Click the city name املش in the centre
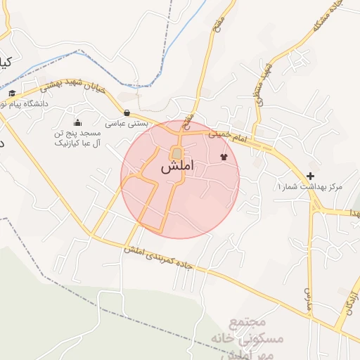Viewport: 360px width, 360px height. [x=176, y=168]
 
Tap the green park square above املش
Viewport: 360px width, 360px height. [x=176, y=153]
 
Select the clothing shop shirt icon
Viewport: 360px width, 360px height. [x=224, y=157]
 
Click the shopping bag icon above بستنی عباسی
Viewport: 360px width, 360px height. [x=127, y=112]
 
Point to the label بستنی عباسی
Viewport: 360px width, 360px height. [x=127, y=124]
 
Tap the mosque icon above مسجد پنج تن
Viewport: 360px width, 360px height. [x=77, y=122]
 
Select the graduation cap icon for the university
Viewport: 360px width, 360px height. [x=12, y=93]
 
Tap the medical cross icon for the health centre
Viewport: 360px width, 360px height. [x=310, y=175]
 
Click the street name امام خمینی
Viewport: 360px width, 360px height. [x=249, y=136]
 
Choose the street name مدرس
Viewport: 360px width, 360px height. [x=307, y=299]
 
